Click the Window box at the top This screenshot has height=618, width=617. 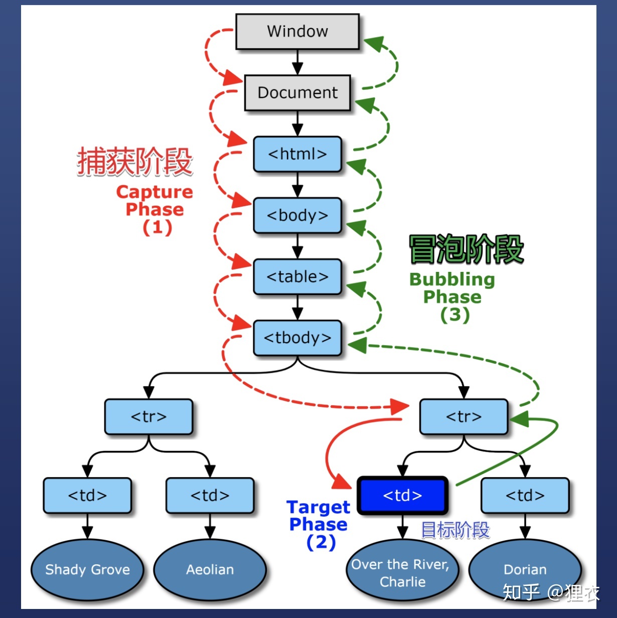[x=297, y=32]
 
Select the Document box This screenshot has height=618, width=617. [x=297, y=93]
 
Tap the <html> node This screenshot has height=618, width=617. [x=297, y=154]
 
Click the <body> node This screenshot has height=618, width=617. [x=297, y=216]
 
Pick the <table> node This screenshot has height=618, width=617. [x=297, y=277]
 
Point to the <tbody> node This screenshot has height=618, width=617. [x=297, y=338]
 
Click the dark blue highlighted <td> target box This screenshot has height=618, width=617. [x=402, y=496]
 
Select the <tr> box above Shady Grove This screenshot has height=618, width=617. [x=148, y=417]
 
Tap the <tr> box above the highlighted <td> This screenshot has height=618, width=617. [x=464, y=417]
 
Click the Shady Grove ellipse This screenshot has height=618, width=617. [x=87, y=570]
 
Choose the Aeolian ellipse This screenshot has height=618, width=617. [x=210, y=570]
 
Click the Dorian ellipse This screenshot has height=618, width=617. [x=525, y=570]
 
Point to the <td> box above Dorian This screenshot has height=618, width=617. [x=525, y=496]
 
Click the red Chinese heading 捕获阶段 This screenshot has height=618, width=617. [x=134, y=162]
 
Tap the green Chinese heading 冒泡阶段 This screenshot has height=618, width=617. [x=466, y=249]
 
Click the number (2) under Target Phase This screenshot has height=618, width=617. [x=321, y=542]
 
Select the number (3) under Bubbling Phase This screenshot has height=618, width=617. [x=454, y=315]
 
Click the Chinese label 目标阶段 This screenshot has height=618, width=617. [x=455, y=530]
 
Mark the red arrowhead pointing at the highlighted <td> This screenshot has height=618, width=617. [x=343, y=483]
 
